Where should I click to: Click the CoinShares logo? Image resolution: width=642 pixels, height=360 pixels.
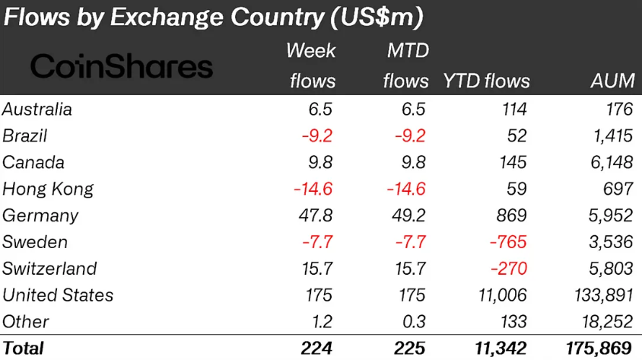tap(122, 67)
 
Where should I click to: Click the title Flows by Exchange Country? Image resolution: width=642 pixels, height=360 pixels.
tap(214, 18)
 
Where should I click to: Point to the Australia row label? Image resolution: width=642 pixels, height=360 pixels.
tap(37, 109)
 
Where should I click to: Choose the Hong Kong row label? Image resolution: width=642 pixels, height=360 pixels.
tap(48, 189)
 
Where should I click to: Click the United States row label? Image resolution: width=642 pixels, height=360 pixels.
tap(58, 295)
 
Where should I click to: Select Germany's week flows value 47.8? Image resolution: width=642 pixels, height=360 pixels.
tap(314, 215)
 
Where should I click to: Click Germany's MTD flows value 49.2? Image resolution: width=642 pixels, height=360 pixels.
tap(407, 215)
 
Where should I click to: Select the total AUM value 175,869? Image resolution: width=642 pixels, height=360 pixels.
tap(599, 348)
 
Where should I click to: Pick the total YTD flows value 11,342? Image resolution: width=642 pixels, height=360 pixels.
tap(495, 348)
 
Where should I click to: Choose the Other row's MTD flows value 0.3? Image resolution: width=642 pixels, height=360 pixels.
tap(411, 321)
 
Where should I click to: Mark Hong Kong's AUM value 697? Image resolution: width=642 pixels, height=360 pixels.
tap(617, 189)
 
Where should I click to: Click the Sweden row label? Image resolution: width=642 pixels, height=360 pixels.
tap(35, 242)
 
